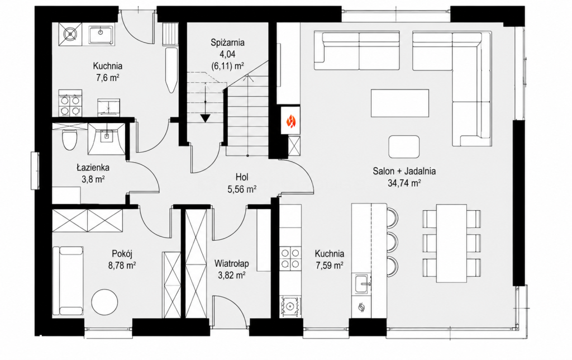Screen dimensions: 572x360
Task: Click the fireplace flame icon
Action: (x=290, y=121)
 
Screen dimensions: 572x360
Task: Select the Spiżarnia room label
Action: (x=228, y=42)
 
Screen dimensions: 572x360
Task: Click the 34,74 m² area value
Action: (x=404, y=183)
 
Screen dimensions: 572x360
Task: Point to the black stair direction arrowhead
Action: (x=206, y=119)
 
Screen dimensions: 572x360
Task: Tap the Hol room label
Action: (x=242, y=177)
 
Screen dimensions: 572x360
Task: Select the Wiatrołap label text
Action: (x=232, y=263)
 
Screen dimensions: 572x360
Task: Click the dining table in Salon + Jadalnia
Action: (x=451, y=243)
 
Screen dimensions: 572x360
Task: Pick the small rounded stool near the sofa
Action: (x=404, y=146)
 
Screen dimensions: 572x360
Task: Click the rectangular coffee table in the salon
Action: (x=400, y=103)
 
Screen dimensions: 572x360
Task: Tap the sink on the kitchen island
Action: (x=363, y=284)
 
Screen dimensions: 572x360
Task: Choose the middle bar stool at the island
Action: (x=392, y=241)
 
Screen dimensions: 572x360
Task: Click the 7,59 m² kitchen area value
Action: (x=330, y=266)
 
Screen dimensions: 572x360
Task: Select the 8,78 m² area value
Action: (x=122, y=266)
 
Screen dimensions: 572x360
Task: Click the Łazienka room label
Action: (x=93, y=168)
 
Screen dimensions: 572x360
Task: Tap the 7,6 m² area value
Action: (x=107, y=78)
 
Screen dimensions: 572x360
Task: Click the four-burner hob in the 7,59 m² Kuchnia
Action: (x=290, y=258)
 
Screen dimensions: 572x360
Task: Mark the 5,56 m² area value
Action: (x=242, y=189)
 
